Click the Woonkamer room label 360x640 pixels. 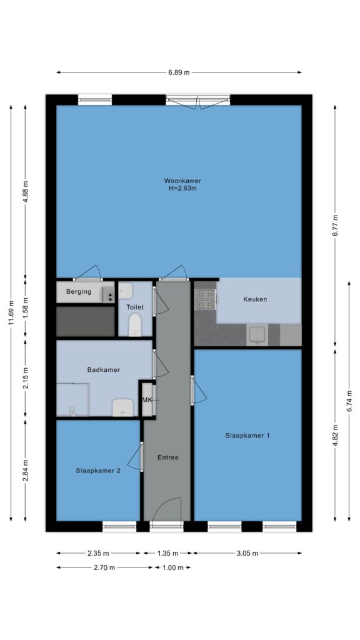click(x=182, y=181)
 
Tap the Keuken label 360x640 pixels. click(x=255, y=299)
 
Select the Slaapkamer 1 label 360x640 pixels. click(x=247, y=436)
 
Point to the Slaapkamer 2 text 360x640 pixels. click(x=98, y=471)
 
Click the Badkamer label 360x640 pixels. click(x=104, y=370)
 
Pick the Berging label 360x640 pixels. click(x=79, y=292)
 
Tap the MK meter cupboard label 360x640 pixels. click(x=147, y=400)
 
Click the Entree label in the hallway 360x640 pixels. click(x=168, y=457)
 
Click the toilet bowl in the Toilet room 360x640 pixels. click(x=135, y=325)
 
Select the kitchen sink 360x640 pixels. click(x=257, y=335)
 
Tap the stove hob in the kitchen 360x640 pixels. click(x=205, y=299)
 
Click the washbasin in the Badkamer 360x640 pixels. click(x=123, y=407)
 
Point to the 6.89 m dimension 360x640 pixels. click(x=179, y=72)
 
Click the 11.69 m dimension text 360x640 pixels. click(x=11, y=313)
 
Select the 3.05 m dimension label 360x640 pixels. click(x=247, y=554)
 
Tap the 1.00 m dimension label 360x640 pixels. click(x=173, y=567)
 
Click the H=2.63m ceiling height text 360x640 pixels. click(x=182, y=189)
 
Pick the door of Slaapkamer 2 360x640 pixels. click(x=135, y=457)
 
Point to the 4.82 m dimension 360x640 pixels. click(x=335, y=436)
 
